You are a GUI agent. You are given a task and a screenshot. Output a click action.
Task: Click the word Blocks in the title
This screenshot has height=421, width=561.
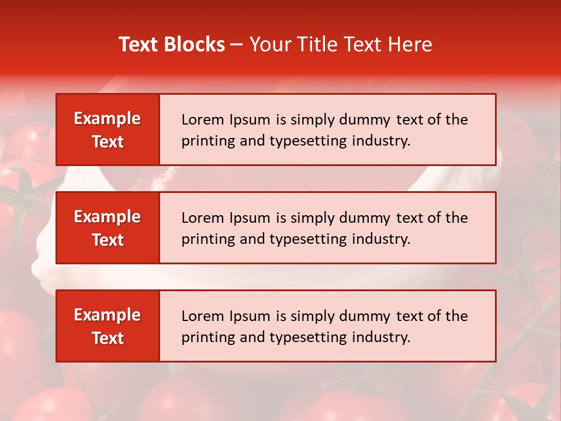[196, 44]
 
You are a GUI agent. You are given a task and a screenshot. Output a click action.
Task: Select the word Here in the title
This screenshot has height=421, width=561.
[412, 44]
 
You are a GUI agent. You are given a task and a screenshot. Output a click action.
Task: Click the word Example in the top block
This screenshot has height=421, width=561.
[108, 119]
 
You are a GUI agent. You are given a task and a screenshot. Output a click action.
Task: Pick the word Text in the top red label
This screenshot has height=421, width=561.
[108, 142]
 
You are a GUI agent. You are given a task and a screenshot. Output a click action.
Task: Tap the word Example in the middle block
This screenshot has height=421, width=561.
[108, 217]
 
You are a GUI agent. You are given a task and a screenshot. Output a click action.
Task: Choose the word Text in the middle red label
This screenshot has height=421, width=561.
[108, 240]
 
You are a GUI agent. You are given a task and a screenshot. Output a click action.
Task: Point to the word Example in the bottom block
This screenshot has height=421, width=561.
[108, 315]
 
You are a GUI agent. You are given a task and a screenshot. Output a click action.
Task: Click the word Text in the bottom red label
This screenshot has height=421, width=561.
[108, 338]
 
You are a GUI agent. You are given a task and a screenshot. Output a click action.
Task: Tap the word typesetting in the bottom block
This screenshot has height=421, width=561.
[307, 338]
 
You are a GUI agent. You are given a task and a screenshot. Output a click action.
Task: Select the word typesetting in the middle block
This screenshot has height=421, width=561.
[307, 240]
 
